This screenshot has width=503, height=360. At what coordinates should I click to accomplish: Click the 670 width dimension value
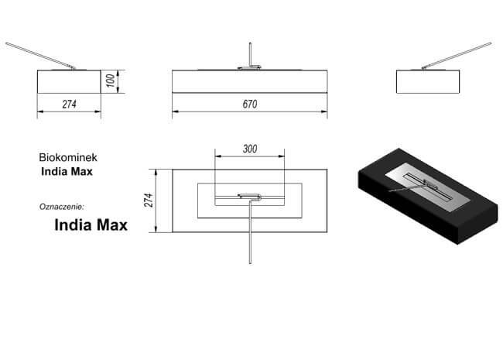(x=250, y=104)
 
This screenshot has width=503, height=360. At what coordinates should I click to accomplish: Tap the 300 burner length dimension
(x=250, y=149)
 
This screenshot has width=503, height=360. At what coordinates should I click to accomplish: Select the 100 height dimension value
(x=110, y=81)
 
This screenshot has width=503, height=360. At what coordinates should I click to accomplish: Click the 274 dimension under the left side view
(x=70, y=104)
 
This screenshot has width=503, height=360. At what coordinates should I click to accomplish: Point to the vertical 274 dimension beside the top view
(x=149, y=200)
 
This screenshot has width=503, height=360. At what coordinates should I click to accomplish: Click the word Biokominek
(x=68, y=157)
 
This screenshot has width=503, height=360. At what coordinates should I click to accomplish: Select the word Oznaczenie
(x=62, y=207)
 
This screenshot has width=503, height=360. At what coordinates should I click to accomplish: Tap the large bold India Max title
(x=91, y=225)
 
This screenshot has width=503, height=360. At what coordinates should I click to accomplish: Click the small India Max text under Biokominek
(x=67, y=172)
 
